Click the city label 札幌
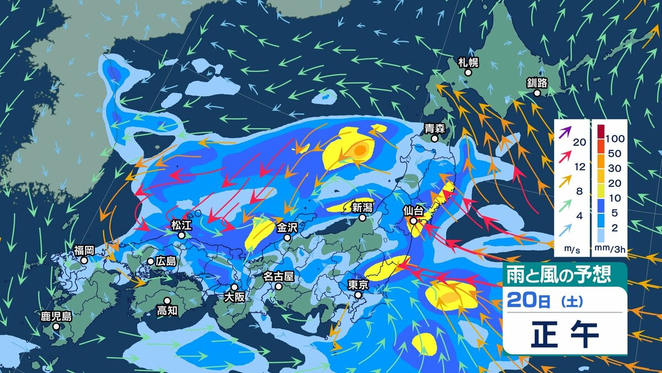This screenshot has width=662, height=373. click(x=468, y=61)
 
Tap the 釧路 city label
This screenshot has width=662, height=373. click(x=537, y=83)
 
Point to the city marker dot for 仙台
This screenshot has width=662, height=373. click(x=413, y=221)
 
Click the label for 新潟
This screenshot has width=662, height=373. click(x=362, y=208)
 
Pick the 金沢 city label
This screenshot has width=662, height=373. click(x=287, y=227)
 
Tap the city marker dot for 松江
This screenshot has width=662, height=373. click(x=181, y=235)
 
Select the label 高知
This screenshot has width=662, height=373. click(x=167, y=311)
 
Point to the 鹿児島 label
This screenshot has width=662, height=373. click(x=56, y=317)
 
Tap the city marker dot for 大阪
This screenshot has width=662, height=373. click(x=234, y=287)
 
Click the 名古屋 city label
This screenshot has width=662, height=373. click(x=279, y=276)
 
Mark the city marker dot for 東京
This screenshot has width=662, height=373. click(x=359, y=295)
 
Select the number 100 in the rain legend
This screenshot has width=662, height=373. click(x=615, y=136)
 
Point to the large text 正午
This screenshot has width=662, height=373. click(x=564, y=334)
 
